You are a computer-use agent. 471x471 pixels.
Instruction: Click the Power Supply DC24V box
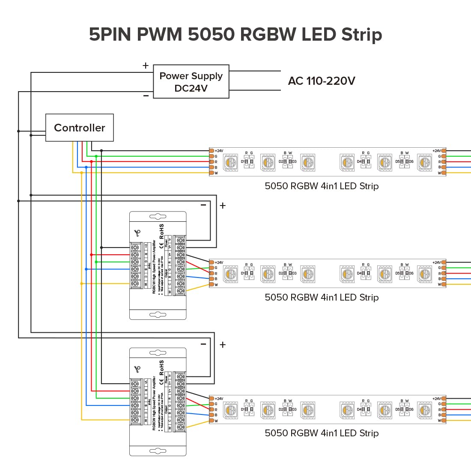point(191,82)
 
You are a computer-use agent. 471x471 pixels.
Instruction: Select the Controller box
point(80,128)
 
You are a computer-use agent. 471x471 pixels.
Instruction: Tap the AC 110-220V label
point(322,81)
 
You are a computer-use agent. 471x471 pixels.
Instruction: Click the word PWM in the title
point(159,34)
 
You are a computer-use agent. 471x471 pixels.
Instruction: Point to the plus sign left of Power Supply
point(146,66)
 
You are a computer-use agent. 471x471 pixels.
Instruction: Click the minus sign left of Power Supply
point(146,96)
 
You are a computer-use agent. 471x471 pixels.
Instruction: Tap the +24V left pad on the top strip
point(212,151)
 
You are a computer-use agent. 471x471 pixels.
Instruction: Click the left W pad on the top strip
point(212,173)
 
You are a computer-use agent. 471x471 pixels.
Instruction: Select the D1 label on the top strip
point(243,162)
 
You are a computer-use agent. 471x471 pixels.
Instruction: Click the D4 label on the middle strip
point(359,273)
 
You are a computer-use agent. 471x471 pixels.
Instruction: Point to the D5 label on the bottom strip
point(398,409)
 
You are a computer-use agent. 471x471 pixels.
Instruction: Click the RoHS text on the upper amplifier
point(161,231)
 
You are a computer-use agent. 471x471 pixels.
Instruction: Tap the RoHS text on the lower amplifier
point(161,367)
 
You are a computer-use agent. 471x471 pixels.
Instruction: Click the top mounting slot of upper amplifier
point(158,217)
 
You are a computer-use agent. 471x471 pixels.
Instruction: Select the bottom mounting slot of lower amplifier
point(158,451)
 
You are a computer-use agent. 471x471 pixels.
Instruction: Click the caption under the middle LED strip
point(322,297)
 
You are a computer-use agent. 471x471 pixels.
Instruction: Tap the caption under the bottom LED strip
point(322,433)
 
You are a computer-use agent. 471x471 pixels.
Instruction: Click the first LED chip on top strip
point(231,162)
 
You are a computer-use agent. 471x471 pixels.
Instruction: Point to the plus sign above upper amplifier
point(223,206)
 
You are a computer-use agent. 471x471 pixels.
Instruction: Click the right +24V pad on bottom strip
point(444,399)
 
